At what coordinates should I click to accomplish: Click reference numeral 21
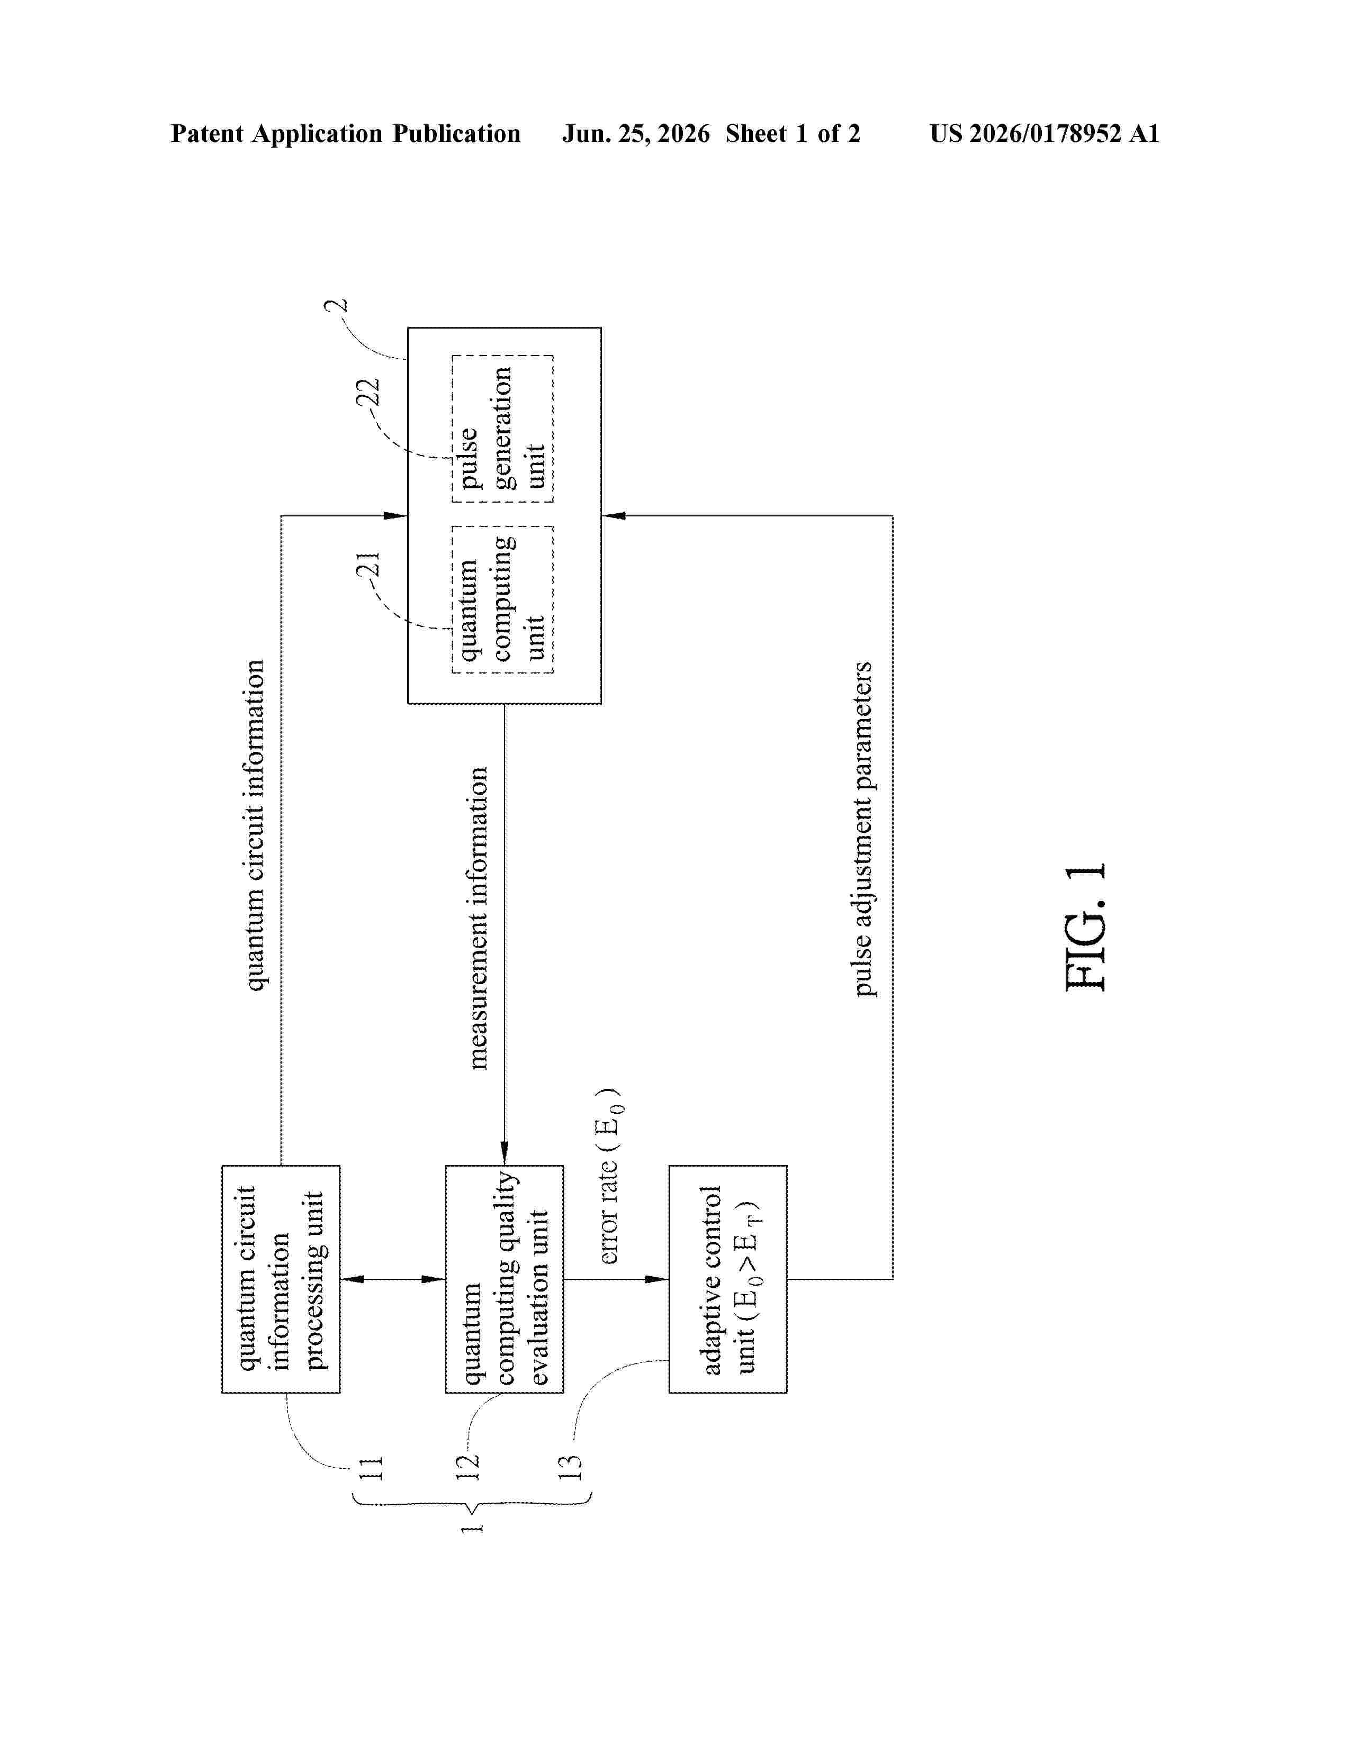pyautogui.click(x=368, y=566)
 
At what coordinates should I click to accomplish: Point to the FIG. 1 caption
pyautogui.click(x=1086, y=927)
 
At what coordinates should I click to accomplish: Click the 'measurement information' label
pyautogui.click(x=478, y=918)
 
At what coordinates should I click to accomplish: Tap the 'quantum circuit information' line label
pyautogui.click(x=254, y=825)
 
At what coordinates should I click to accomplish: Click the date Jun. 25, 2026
pyautogui.click(x=636, y=133)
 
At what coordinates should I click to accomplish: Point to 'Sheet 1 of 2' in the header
pyautogui.click(x=793, y=133)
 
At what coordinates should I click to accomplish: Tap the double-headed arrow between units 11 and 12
pyautogui.click(x=393, y=1279)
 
